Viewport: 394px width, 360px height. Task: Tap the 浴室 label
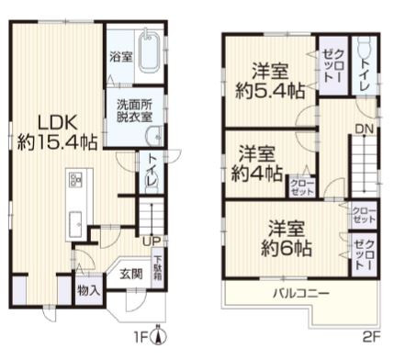(x=119, y=56)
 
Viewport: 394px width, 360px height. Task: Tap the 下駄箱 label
(x=157, y=265)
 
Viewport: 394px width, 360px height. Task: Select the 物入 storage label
(x=89, y=292)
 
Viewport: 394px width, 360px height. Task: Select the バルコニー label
(x=300, y=294)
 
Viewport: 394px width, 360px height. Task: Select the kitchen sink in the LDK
(x=73, y=221)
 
